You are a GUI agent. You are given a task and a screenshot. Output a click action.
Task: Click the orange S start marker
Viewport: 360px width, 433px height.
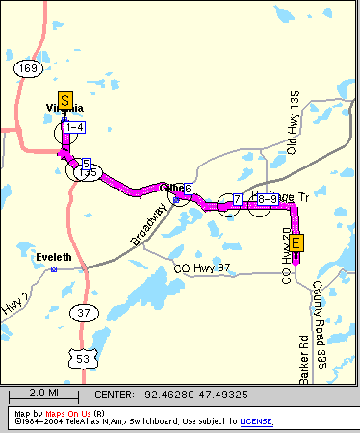(64, 99)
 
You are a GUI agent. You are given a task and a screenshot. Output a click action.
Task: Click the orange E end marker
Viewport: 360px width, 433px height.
(296, 242)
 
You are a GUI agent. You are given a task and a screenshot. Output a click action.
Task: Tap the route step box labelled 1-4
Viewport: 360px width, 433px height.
(75, 126)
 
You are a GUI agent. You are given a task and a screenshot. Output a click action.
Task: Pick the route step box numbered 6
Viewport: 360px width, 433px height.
(189, 189)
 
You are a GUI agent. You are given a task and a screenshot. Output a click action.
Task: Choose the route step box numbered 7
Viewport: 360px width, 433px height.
(236, 199)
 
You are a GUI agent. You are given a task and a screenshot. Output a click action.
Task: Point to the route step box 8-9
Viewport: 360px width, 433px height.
(269, 199)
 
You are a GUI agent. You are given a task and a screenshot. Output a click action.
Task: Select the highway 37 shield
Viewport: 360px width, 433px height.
(84, 312)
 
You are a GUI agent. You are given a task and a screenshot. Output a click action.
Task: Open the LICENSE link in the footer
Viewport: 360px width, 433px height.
(255, 421)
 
